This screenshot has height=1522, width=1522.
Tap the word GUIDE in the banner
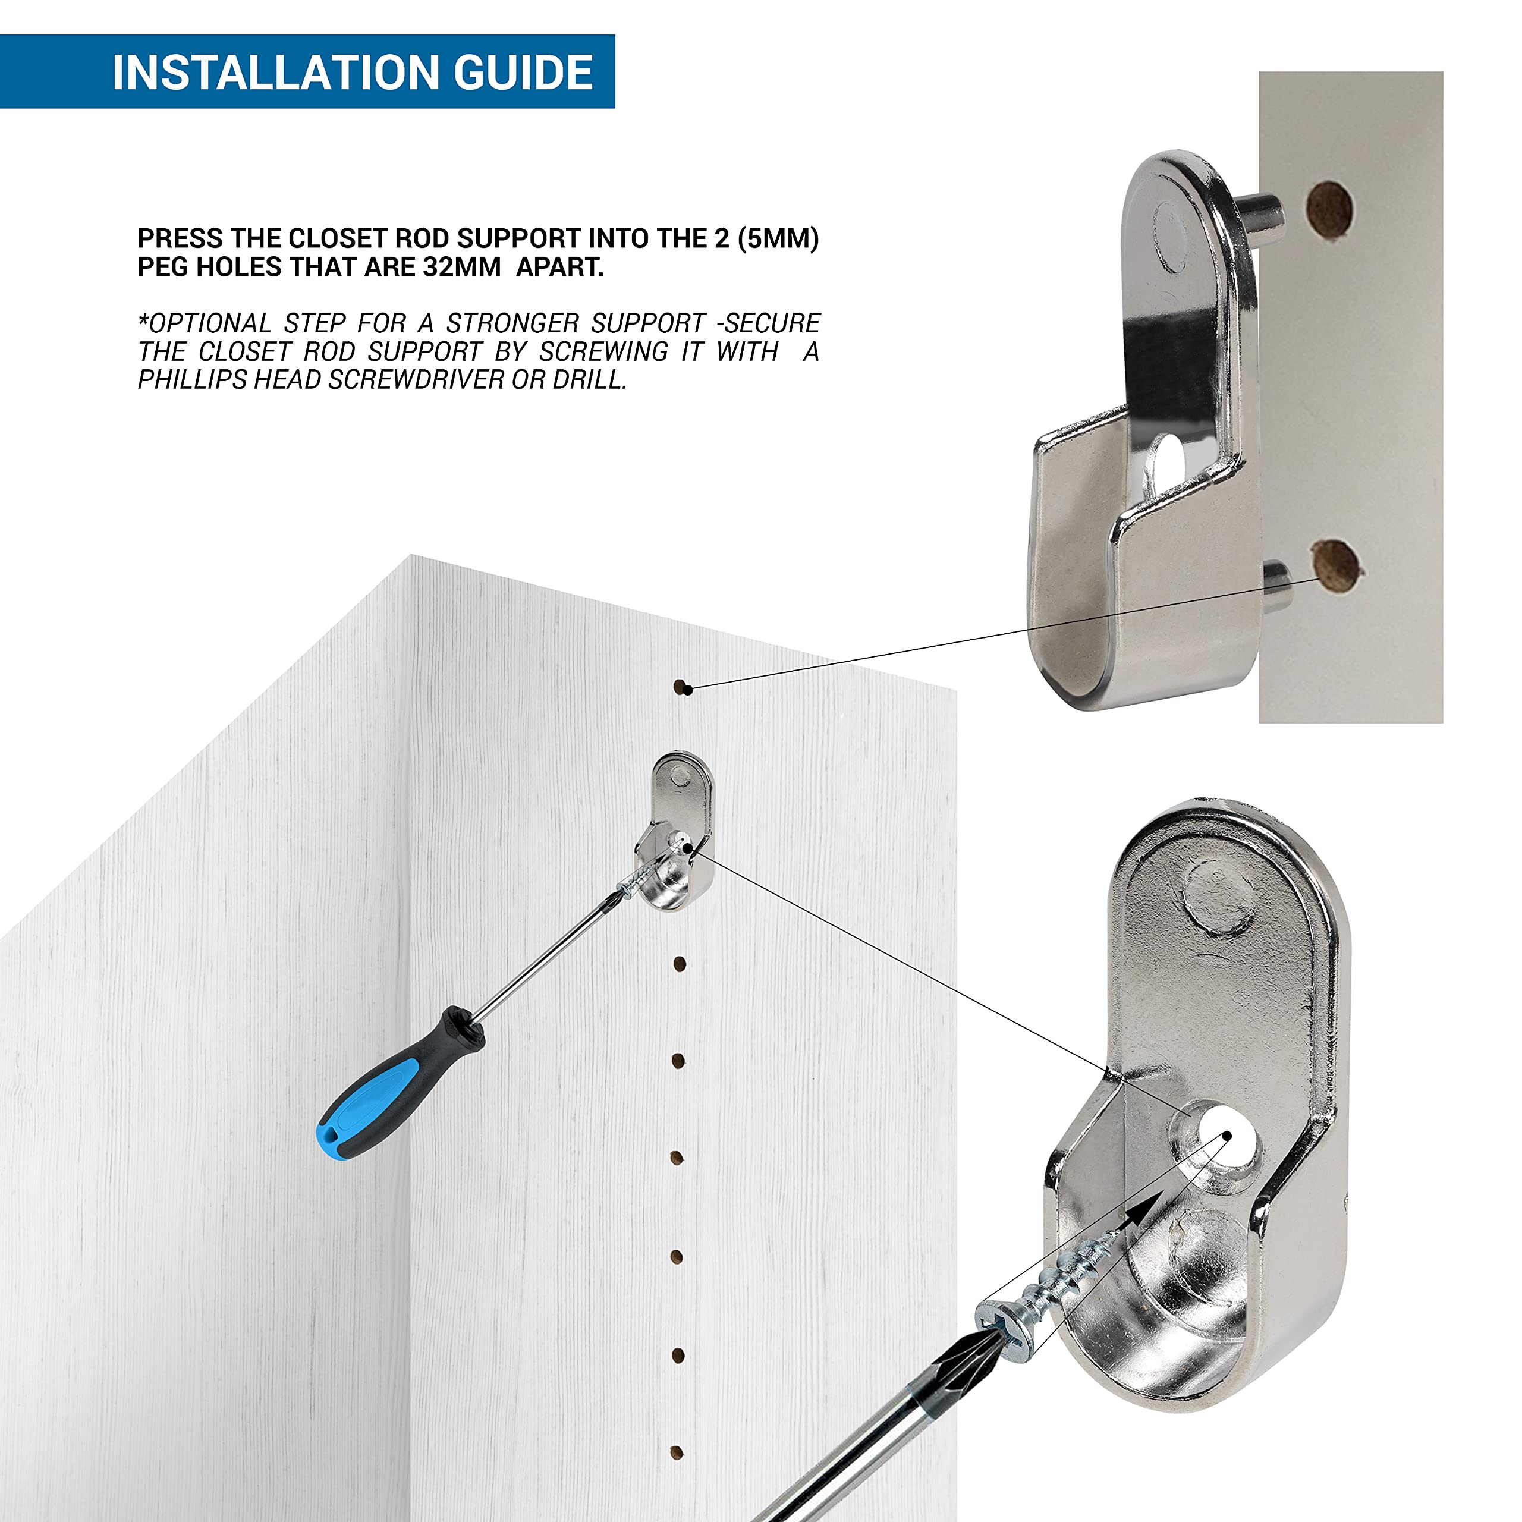[523, 73]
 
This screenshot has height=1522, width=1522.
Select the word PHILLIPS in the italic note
[192, 380]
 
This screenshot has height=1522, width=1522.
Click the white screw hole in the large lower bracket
[1224, 1134]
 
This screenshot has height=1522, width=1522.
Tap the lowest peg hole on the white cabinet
[676, 1452]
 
